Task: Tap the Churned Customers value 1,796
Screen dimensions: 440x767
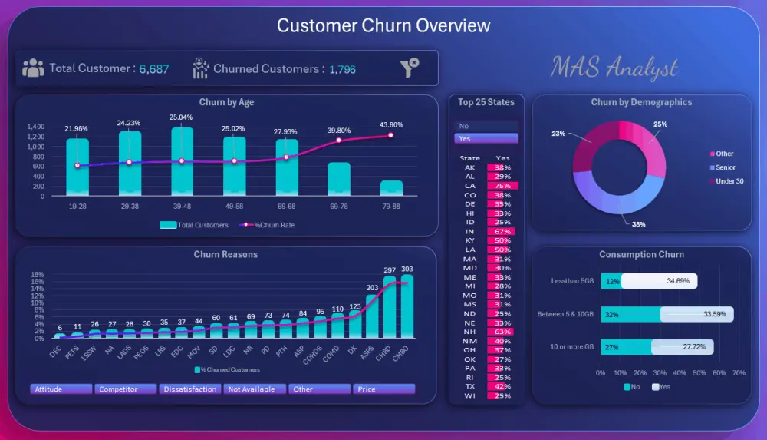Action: coord(342,69)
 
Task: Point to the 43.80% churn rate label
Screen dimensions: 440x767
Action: coord(390,125)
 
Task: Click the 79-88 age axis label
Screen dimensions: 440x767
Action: coord(390,206)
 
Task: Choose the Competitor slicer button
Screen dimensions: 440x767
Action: coord(126,389)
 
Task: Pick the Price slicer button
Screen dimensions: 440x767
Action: coord(383,389)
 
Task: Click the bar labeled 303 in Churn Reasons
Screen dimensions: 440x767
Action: coord(407,306)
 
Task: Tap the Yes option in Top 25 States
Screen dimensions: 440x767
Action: coord(487,139)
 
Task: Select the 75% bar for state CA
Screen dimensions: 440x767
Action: coord(502,186)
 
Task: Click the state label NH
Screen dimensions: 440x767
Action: coord(469,332)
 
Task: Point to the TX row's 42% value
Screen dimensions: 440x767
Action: coord(502,387)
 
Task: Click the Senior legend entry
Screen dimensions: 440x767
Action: coord(724,167)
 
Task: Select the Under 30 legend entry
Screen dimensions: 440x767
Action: coord(728,181)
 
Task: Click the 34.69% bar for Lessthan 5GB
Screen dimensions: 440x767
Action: coord(659,282)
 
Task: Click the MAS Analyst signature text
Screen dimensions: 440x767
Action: coord(614,68)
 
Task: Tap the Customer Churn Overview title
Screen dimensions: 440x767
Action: coord(383,25)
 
